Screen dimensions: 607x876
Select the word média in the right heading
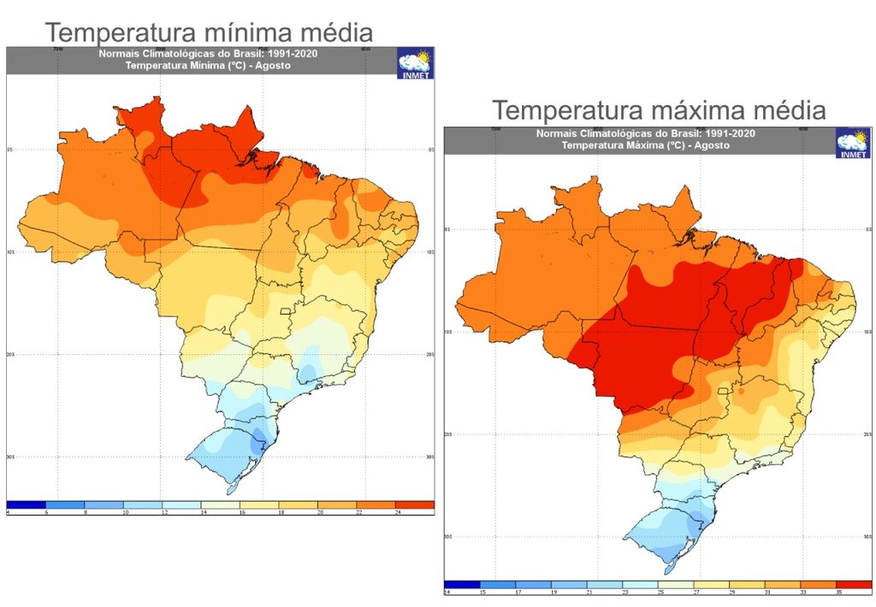click(788, 111)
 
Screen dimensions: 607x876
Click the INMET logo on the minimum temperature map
click(416, 63)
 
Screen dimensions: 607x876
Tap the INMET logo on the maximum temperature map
click(853, 143)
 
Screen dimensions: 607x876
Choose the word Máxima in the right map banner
click(633, 145)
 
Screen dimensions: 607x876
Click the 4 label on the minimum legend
click(8, 511)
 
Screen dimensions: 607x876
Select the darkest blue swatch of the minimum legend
click(27, 504)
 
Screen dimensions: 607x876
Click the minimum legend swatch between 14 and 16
click(220, 504)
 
